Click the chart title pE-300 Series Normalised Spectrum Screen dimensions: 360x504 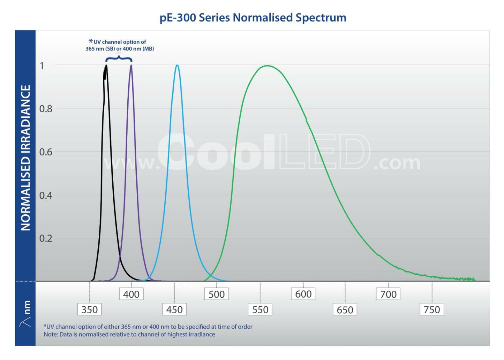click(253, 17)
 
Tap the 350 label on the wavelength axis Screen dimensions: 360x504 click(89, 309)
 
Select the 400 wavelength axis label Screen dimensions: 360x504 click(131, 294)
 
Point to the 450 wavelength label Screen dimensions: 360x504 click(174, 309)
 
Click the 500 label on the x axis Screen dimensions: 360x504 click(216, 294)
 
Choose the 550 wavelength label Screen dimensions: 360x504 click(260, 309)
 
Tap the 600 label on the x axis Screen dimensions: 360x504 click(303, 294)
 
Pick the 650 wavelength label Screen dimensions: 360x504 click(345, 309)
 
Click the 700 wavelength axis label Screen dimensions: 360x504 click(388, 294)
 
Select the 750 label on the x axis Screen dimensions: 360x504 click(432, 309)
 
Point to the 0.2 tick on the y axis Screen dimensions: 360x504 click(46, 238)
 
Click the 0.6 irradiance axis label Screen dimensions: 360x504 click(46, 152)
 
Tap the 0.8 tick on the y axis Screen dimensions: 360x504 click(46, 109)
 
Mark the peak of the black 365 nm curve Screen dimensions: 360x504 click(106, 66)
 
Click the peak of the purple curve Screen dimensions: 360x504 click(131, 66)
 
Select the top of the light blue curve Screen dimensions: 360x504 click(177, 66)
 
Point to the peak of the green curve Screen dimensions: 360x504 click(267, 66)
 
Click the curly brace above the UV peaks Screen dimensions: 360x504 click(119, 58)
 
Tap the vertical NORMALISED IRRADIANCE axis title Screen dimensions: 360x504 click(25, 158)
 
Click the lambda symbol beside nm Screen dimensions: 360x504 click(25, 322)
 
